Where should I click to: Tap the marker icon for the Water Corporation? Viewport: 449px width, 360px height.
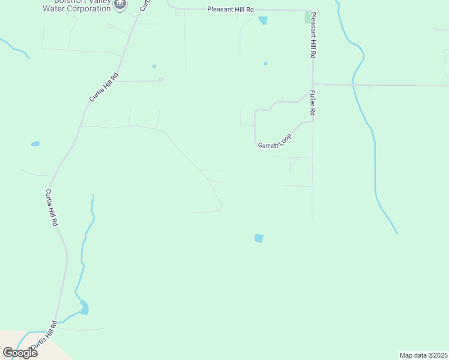tap(120, 4)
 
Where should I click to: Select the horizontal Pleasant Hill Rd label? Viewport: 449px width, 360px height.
tap(231, 10)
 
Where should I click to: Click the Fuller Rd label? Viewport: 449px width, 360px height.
tap(313, 103)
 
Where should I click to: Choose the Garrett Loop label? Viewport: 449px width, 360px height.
tap(274, 142)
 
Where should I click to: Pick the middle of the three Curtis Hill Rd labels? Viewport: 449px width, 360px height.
tap(52, 208)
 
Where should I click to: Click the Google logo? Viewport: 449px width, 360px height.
tap(20, 352)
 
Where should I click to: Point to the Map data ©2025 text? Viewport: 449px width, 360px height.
tap(423, 355)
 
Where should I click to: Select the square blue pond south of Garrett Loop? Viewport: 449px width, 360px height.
tap(259, 238)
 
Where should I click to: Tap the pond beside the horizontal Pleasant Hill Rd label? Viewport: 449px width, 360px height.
tap(263, 20)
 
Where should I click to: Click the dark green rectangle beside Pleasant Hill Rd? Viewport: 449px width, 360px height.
tap(308, 17)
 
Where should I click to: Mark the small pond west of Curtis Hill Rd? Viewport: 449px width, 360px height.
tap(35, 144)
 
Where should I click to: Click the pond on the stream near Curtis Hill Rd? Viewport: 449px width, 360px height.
tap(84, 308)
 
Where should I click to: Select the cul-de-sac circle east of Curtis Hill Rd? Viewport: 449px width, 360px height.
tap(161, 79)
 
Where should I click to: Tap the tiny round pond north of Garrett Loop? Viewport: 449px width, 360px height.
tap(265, 63)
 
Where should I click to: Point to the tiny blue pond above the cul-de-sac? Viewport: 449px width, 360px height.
tap(154, 66)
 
